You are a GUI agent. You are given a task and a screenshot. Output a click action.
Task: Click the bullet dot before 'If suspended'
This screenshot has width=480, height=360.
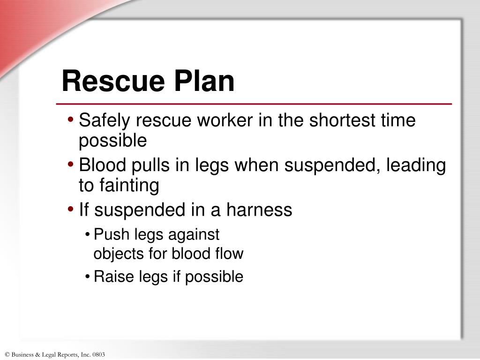70,210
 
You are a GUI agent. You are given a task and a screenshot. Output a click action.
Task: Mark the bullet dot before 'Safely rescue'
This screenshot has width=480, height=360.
70,120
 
